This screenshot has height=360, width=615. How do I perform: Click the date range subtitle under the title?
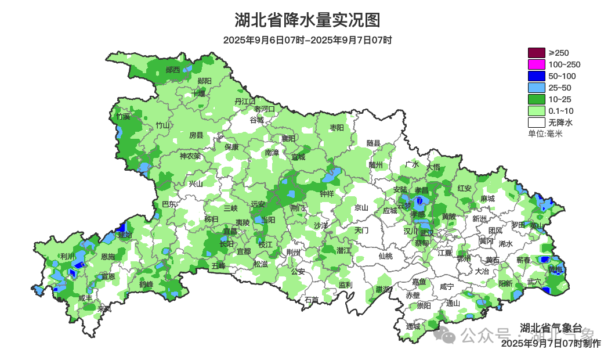click(x=307, y=40)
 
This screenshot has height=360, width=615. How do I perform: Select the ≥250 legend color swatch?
click(x=536, y=53)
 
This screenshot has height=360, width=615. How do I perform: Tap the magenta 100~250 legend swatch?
click(x=536, y=64)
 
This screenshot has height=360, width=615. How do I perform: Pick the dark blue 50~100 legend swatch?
click(x=536, y=76)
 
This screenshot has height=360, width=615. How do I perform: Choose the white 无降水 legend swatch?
click(x=536, y=123)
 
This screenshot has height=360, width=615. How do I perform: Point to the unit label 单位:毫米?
click(x=545, y=134)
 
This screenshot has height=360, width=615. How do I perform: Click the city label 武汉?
click(x=426, y=232)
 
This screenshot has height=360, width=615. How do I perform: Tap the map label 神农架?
click(x=190, y=156)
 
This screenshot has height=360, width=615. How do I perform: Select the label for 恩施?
click(x=108, y=256)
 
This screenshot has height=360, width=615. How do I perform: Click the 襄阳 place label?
click(x=288, y=138)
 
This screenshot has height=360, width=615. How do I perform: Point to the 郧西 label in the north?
click(x=173, y=70)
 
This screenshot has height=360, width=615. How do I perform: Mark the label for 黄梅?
click(x=555, y=269)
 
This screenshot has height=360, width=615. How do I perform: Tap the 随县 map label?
click(x=373, y=143)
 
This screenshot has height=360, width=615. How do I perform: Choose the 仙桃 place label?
click(x=385, y=255)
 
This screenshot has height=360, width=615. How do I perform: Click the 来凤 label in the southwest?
click(x=104, y=309)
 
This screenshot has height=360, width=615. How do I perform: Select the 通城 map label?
click(x=413, y=326)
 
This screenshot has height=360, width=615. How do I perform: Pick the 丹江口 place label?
click(x=245, y=101)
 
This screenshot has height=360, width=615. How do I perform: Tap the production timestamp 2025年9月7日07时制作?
click(x=551, y=343)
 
